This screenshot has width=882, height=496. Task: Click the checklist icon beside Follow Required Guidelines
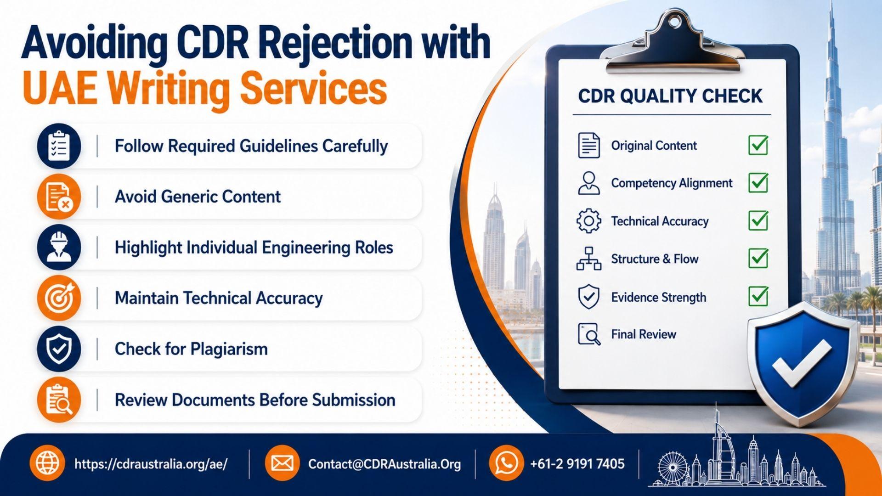click(x=59, y=146)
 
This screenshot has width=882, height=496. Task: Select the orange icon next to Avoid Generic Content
click(x=59, y=197)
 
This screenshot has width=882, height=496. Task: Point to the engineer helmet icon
click(x=59, y=248)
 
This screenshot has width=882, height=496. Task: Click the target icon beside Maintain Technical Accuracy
click(x=59, y=298)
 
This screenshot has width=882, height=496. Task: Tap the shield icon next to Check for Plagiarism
click(x=59, y=349)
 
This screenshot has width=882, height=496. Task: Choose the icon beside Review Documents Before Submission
click(x=59, y=400)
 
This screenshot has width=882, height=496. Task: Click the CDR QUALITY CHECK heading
click(x=670, y=96)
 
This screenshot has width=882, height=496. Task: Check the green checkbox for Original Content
click(x=758, y=145)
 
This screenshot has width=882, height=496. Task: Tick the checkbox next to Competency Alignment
click(x=758, y=183)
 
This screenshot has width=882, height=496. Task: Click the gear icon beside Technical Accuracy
click(x=588, y=221)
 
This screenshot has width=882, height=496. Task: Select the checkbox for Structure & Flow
click(x=758, y=258)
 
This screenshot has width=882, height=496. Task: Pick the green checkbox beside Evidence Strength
click(x=758, y=296)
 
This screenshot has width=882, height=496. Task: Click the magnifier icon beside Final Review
click(x=589, y=334)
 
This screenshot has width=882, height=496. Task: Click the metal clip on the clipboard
click(x=673, y=44)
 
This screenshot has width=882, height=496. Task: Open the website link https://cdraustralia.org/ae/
click(x=151, y=464)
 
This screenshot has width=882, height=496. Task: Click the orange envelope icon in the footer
click(x=282, y=463)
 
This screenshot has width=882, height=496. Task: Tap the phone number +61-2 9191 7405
click(x=577, y=464)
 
